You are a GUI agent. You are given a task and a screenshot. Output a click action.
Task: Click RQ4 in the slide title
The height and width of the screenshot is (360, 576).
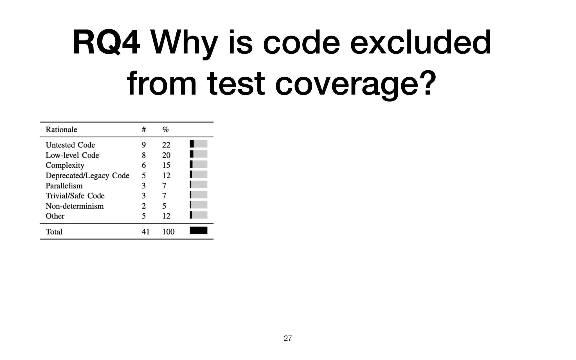coord(106,43)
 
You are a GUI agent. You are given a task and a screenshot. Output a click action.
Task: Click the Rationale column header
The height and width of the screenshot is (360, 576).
coord(61,130)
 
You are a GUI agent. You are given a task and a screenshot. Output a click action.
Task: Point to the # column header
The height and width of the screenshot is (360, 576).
coord(144,130)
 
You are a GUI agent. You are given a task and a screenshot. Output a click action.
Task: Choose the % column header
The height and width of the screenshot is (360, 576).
coord(165,130)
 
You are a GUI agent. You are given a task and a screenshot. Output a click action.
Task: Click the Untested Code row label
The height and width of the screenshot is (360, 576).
coord(70,145)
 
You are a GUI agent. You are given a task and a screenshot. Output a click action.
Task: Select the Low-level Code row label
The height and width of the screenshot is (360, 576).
coord(72,155)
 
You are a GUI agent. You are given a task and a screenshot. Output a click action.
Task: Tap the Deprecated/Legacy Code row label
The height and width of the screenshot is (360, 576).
coord(87,175)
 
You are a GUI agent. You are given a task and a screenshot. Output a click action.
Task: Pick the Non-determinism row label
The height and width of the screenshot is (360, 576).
coord(75,206)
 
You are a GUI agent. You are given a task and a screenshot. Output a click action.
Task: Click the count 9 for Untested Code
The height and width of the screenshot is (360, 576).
coord(144,145)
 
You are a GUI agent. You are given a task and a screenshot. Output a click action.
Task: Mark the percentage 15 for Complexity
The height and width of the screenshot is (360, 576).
coord(166,165)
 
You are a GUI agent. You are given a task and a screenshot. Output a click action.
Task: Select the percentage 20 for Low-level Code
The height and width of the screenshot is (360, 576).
coord(166,155)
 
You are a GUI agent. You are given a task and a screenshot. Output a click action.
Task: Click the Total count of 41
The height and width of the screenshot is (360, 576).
coord(145,232)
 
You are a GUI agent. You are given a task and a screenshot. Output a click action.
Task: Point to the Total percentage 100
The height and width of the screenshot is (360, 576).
coord(168,232)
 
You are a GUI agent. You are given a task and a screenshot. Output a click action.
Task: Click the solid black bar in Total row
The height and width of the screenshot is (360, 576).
coord(199,231)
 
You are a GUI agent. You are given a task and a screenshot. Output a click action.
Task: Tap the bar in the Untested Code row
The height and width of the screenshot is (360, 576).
coord(199,144)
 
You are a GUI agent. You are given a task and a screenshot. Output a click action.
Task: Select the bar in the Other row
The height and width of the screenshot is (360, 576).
coord(199,215)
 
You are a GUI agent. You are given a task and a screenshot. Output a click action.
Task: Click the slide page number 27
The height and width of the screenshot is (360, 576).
coord(288,338)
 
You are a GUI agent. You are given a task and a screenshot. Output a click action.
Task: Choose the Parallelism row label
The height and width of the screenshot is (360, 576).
coord(64,186)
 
